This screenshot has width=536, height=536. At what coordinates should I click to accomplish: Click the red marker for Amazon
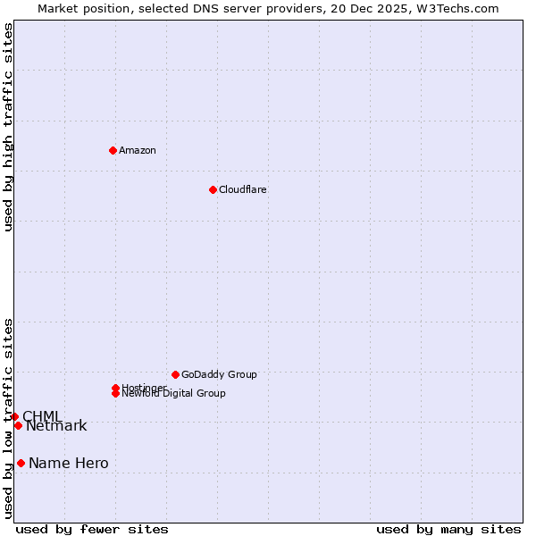tap(113, 150)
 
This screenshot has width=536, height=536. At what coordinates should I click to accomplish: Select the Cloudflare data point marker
tap(213, 189)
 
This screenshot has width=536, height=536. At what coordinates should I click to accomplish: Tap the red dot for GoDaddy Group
tap(175, 374)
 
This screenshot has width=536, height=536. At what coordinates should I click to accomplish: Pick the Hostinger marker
tap(115, 388)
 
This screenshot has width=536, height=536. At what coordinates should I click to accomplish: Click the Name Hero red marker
tap(21, 463)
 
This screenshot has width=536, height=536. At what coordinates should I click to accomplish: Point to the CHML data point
tap(14, 416)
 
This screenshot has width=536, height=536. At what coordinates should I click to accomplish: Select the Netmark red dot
tap(18, 425)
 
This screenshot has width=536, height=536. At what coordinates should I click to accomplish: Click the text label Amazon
tap(137, 150)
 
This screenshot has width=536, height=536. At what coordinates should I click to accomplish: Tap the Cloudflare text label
tap(242, 189)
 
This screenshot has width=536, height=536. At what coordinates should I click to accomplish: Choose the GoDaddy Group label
tap(219, 374)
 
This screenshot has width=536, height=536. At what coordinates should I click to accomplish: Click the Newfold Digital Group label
tap(173, 393)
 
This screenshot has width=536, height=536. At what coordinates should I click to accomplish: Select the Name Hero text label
tap(68, 463)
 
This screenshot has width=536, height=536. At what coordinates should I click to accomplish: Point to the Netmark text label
tap(56, 426)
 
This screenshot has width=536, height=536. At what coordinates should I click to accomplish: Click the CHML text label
tap(42, 416)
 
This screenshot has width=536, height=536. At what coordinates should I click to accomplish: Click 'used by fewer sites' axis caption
tap(92, 529)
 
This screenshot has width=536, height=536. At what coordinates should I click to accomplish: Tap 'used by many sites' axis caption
tap(448, 529)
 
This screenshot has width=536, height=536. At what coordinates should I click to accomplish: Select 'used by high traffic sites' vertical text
tap(8, 127)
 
